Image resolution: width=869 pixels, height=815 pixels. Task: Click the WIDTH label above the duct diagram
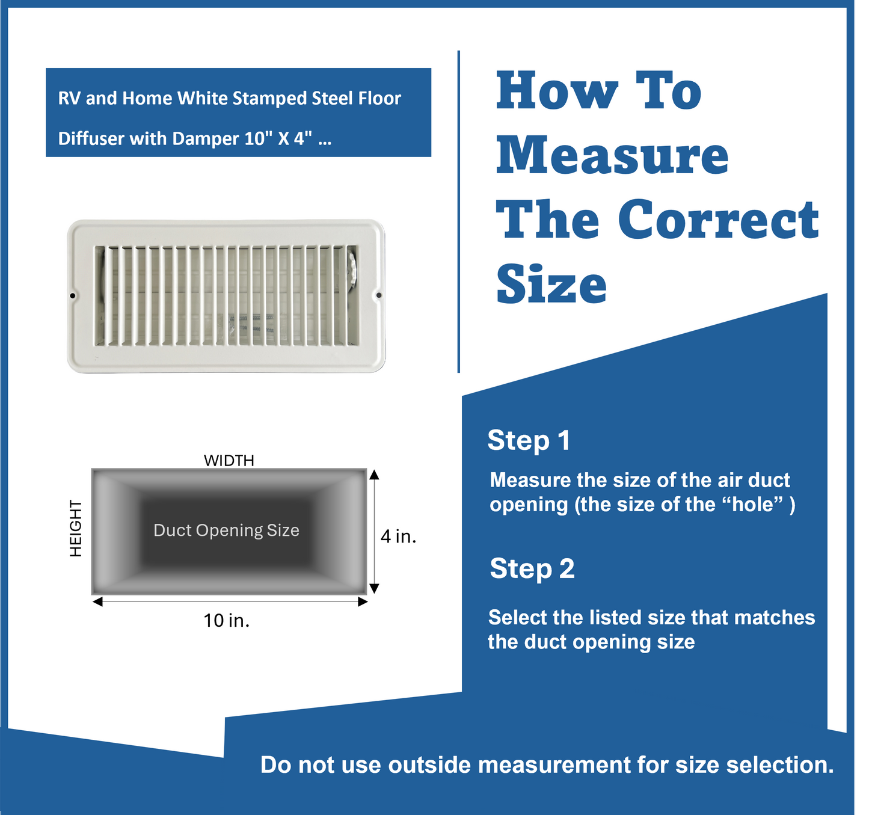(229, 460)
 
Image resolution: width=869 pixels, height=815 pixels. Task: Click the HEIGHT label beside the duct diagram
(76, 528)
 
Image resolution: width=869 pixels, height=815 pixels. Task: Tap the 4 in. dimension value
(398, 536)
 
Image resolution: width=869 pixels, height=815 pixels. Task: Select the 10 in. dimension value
(226, 620)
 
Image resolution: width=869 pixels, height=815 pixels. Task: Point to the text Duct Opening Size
(226, 530)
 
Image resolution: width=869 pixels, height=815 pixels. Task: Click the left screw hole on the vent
(73, 295)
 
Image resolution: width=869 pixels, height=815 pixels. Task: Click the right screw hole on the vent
(378, 295)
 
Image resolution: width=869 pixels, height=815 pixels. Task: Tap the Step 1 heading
(529, 440)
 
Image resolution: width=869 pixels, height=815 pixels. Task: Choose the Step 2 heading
(532, 568)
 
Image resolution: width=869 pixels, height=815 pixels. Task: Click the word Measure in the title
(612, 155)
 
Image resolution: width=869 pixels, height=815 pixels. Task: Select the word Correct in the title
(718, 220)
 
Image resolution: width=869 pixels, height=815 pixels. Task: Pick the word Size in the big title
(551, 284)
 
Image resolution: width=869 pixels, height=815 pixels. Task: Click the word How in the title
(557, 91)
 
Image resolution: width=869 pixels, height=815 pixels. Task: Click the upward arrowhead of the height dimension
(374, 475)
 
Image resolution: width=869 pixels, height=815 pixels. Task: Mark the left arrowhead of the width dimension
(97, 601)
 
